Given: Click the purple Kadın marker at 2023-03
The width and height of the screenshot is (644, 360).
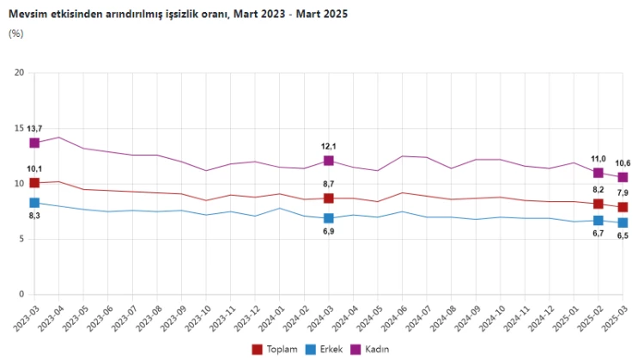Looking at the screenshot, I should click(34, 143).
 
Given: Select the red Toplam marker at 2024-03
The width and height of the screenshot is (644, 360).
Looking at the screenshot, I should click(329, 198).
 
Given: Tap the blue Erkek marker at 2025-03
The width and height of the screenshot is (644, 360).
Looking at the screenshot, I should click(623, 223).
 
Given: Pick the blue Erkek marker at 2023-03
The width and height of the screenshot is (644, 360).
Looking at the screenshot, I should click(34, 203).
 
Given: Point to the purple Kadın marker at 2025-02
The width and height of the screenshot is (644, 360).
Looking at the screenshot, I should click(598, 173).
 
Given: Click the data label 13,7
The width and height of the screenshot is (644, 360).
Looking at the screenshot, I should click(34, 128).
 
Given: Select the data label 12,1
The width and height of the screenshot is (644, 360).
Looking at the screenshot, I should click(329, 146).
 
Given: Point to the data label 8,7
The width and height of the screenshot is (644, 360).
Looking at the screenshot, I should click(329, 184).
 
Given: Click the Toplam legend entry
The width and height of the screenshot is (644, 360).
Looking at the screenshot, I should click(274, 349).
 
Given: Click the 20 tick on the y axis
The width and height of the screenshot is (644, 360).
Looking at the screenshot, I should click(18, 72).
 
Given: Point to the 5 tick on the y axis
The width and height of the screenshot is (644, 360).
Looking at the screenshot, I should click(21, 239).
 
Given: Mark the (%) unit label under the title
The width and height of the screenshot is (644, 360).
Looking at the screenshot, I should click(16, 34).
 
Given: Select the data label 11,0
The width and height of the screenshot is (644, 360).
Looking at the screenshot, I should click(598, 158).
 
